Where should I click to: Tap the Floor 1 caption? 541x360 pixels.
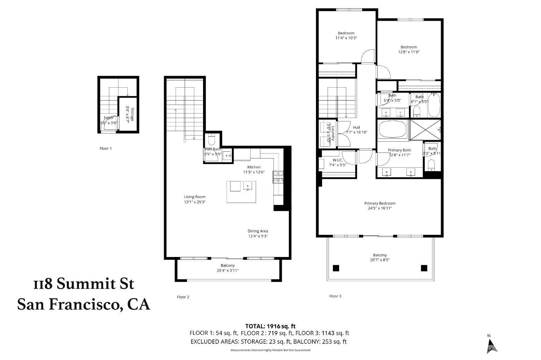pos(106,148)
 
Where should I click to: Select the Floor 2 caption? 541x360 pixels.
pos(183,297)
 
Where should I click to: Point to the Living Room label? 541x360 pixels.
pos(195,197)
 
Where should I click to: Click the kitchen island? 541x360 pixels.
pos(239,192)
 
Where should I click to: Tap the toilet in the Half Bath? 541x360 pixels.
pos(212,139)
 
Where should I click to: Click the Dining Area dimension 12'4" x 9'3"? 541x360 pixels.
pos(258,236)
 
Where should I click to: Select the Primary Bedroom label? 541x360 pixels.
pos(380,203)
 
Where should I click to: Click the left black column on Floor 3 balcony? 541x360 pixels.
pos(336,268)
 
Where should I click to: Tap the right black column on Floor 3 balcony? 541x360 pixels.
pos(424,268)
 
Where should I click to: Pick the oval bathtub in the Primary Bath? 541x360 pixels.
pos(392,129)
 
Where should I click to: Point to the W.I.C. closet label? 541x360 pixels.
pos(338,160)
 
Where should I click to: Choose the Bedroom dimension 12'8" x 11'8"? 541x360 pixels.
pos(409,52)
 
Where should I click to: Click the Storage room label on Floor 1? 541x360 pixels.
pos(132,115)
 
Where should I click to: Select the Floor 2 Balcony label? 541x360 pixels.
pos(228,266)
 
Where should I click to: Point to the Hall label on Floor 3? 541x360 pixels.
pos(356,127)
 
